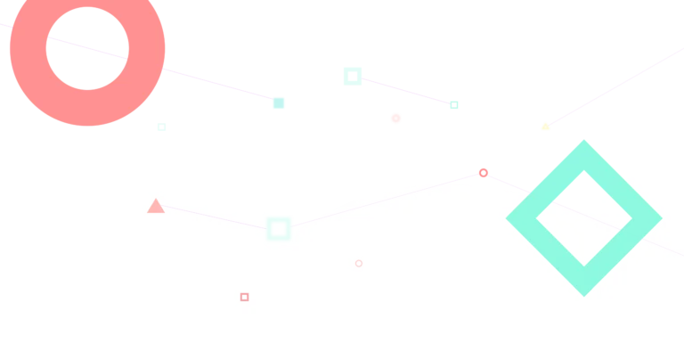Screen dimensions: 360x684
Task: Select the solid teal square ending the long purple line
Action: point(279,103)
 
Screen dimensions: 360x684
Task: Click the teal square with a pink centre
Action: point(353,75)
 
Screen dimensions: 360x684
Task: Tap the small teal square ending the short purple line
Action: point(455,107)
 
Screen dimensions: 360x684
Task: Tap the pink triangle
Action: point(156,207)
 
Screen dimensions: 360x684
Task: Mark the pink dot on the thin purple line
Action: point(483,172)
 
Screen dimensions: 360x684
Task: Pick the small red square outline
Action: point(244,297)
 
